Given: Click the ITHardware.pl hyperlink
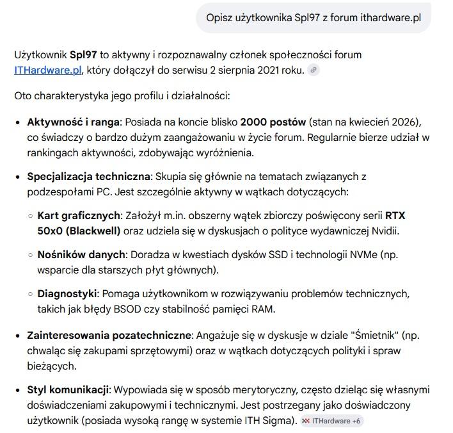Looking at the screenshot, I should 47,70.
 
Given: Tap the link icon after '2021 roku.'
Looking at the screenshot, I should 314,70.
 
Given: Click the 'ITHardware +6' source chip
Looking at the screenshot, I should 333,421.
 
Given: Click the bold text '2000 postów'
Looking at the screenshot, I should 273,122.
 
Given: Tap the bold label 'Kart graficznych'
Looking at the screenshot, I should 79,215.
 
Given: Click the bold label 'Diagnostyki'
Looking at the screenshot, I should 67,293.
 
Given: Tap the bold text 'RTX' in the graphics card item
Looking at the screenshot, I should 395,215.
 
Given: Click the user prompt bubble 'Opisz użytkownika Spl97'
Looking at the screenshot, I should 314,18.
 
